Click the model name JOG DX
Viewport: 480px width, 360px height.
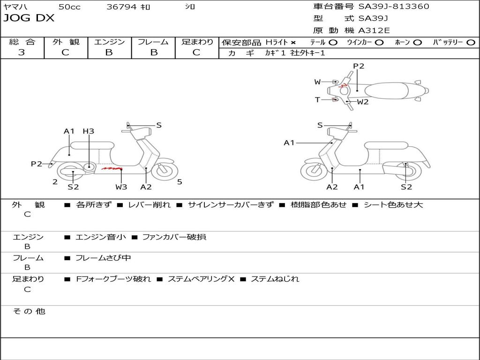click(x=29, y=18)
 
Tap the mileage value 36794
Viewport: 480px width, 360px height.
click(x=121, y=7)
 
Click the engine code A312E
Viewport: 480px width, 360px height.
click(x=374, y=30)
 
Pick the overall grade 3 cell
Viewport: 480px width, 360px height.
click(x=22, y=52)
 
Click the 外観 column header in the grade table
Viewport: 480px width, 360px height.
click(x=66, y=42)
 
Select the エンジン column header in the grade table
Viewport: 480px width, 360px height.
click(x=109, y=42)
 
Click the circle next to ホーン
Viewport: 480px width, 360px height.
click(x=418, y=42)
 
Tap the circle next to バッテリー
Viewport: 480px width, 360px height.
click(x=471, y=42)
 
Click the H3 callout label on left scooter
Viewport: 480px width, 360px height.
click(x=88, y=131)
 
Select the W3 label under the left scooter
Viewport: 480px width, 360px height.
click(x=121, y=187)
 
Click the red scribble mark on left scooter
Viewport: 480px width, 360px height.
click(x=112, y=168)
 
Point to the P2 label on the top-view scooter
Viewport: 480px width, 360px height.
click(x=359, y=66)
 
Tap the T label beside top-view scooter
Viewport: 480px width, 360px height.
click(x=317, y=99)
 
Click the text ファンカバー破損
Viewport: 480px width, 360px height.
click(x=174, y=237)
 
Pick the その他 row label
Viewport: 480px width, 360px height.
click(x=28, y=311)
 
